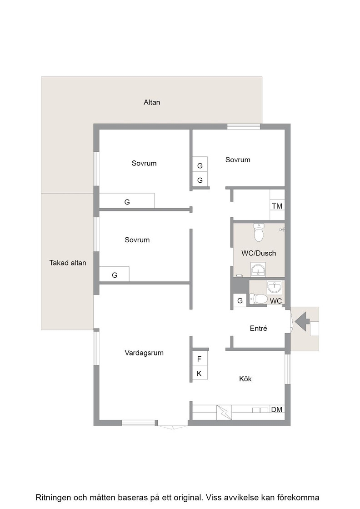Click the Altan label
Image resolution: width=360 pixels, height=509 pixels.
[152, 102]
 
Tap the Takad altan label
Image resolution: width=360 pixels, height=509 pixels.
[68, 263]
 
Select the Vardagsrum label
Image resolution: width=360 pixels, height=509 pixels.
[144, 353]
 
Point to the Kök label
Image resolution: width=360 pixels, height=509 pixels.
[245, 379]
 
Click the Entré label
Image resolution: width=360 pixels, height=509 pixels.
[258, 328]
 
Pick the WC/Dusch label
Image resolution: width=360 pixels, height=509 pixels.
[258, 253]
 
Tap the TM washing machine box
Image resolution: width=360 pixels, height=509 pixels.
[277, 206]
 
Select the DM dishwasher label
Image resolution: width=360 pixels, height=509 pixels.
[276, 409]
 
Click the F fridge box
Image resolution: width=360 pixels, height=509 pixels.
[200, 359]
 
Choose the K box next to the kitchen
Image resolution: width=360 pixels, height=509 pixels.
[200, 373]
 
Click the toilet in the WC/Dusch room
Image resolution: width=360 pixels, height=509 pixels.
[258, 232]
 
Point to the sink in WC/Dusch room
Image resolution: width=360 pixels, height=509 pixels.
[258, 269]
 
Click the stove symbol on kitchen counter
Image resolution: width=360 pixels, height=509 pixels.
[224, 412]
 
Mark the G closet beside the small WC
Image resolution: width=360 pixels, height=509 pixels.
[240, 300]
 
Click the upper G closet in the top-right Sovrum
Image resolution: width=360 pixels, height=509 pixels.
[200, 165]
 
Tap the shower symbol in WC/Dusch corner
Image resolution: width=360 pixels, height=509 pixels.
[282, 230]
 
